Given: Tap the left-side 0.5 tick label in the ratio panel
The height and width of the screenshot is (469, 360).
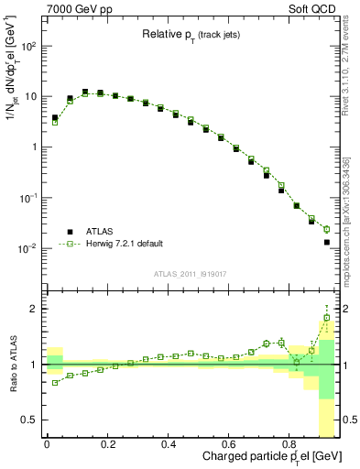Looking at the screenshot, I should coord(31,420).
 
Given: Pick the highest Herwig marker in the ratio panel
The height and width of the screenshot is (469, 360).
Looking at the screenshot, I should coord(327,318).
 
